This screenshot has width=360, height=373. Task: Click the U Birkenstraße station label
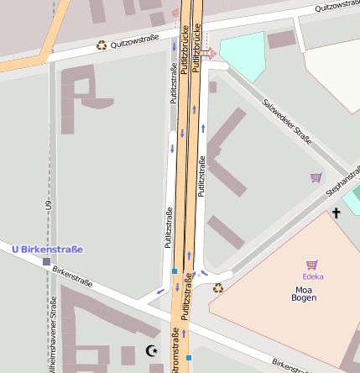pos(47,249)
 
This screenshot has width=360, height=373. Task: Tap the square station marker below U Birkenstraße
pos(46,262)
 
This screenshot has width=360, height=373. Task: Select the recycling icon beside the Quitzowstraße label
pos(102,45)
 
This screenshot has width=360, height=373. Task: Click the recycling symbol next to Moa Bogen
pos(218,288)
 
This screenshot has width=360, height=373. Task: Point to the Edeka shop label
pos(313,276)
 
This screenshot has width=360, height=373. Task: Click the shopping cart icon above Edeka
pos(312,265)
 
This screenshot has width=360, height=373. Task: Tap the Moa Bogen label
pos(304,292)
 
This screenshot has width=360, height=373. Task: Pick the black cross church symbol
pos(337,213)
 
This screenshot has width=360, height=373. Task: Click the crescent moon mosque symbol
pos(151,350)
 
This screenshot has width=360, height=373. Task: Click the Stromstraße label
pos(175,353)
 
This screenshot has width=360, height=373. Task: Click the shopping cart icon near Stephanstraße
pos(316,177)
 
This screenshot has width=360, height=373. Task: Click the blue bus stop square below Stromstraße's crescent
pos(189,358)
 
